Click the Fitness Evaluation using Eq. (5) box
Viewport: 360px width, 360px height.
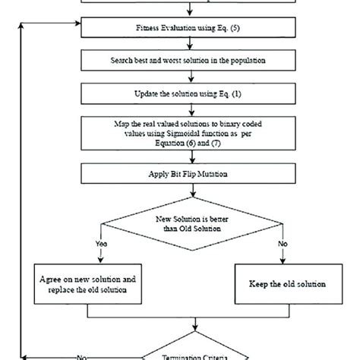180,29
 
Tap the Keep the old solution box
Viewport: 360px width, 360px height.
287,283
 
